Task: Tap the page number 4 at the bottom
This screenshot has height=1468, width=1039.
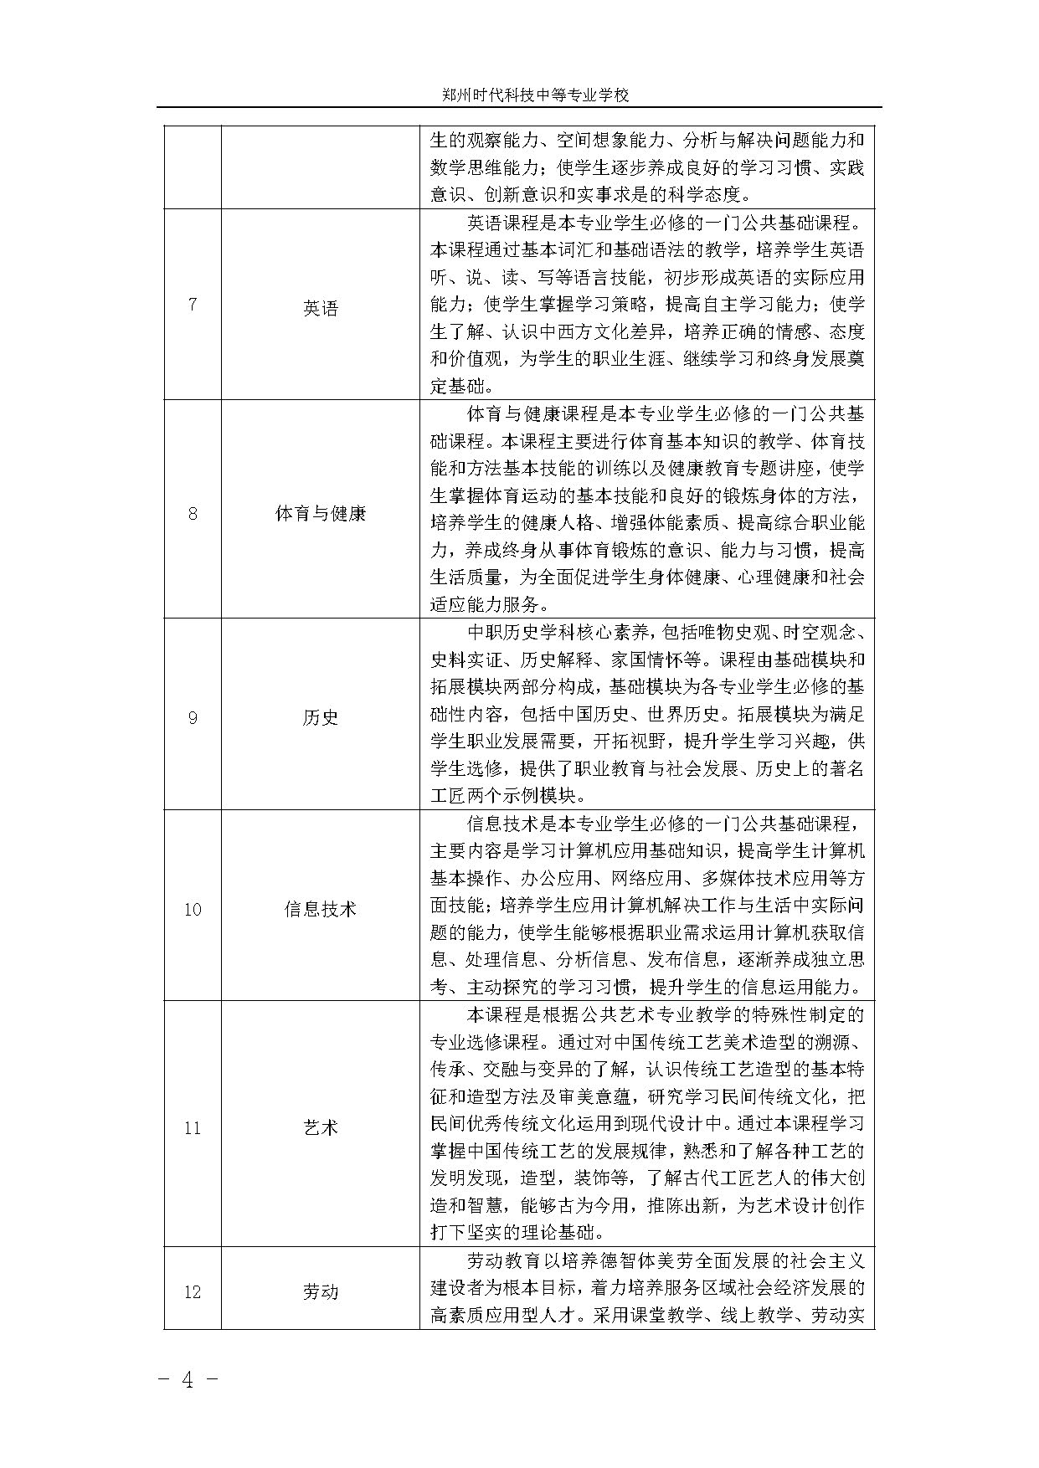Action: coord(188,1380)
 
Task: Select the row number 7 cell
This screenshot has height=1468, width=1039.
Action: coord(193,304)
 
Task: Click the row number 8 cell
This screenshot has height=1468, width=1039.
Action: coord(193,513)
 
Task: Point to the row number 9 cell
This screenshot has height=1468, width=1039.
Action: coord(193,717)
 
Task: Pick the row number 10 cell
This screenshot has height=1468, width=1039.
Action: coord(193,909)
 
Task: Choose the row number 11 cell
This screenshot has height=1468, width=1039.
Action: coord(193,1128)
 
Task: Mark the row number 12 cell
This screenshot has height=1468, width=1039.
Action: coord(193,1292)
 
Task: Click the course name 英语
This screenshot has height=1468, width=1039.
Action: coord(320,308)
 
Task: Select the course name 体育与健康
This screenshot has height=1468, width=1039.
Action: coord(320,513)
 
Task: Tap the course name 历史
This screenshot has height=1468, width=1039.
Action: coord(320,717)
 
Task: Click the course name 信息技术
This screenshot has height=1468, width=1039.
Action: coord(320,909)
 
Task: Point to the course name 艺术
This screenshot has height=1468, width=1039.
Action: coord(320,1128)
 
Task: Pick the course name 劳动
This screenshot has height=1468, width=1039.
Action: coord(320,1292)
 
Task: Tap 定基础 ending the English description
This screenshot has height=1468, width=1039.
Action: coord(462,387)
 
